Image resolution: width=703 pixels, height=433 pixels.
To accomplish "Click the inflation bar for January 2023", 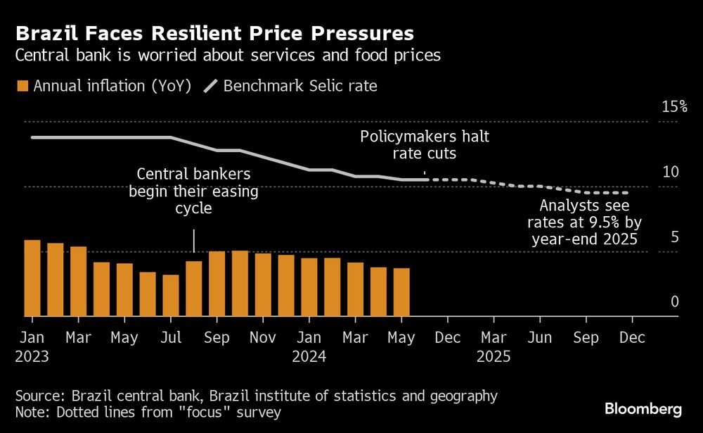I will pyautogui.click(x=32, y=278).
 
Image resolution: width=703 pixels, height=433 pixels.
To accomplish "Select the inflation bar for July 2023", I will pyautogui.click(x=171, y=296).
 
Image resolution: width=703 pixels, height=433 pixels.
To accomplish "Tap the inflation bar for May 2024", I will pyautogui.click(x=401, y=292).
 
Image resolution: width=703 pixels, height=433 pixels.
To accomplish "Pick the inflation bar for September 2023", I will pyautogui.click(x=217, y=284).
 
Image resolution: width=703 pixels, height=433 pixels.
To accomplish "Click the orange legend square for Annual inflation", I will pyautogui.click(x=22, y=87).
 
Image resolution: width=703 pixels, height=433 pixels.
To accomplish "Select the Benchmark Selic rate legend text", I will pyautogui.click(x=300, y=87).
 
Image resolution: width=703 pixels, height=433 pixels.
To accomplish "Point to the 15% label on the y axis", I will pyautogui.click(x=673, y=106).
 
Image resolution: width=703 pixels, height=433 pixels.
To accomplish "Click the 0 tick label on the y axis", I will pyautogui.click(x=674, y=301).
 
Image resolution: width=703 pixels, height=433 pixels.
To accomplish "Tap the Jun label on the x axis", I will pyautogui.click(x=539, y=338).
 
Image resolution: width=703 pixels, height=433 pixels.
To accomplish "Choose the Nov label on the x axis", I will pyautogui.click(x=263, y=338).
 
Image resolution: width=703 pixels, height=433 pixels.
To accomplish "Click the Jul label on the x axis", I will pyautogui.click(x=171, y=338).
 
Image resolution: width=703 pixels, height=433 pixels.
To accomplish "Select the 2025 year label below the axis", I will pyautogui.click(x=494, y=356).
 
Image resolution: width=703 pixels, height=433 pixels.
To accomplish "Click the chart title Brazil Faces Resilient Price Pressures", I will pyautogui.click(x=214, y=33).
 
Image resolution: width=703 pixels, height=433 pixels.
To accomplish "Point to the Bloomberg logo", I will pyautogui.click(x=643, y=409).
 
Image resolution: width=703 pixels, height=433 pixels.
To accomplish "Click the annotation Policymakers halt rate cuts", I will pyautogui.click(x=425, y=144).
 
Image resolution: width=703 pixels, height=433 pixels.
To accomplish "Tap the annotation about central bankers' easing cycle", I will pyautogui.click(x=193, y=191).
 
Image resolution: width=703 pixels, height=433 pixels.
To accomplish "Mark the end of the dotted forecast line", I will pyautogui.click(x=626, y=192).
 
